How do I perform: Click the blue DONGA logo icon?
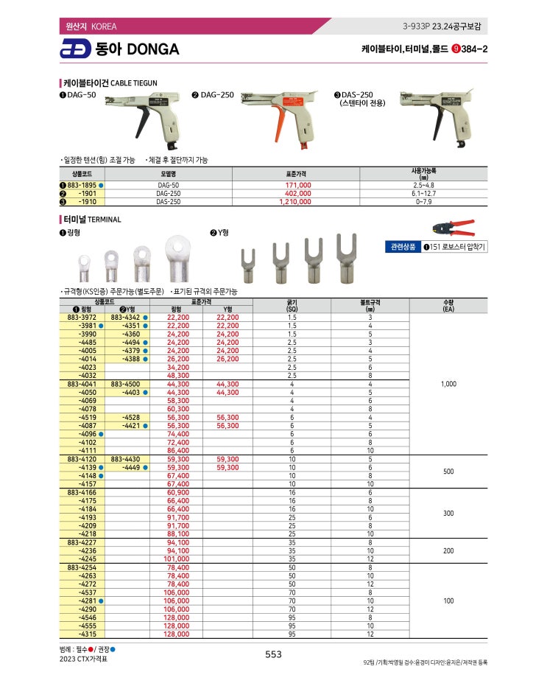pyautogui.click(x=74, y=49)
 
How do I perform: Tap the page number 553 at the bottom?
pyautogui.click(x=273, y=654)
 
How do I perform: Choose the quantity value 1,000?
pyautogui.click(x=448, y=384)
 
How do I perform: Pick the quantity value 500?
pyautogui.click(x=448, y=471)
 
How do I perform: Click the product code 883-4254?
pyautogui.click(x=81, y=568)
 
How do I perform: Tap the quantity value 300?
pyautogui.click(x=448, y=513)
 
